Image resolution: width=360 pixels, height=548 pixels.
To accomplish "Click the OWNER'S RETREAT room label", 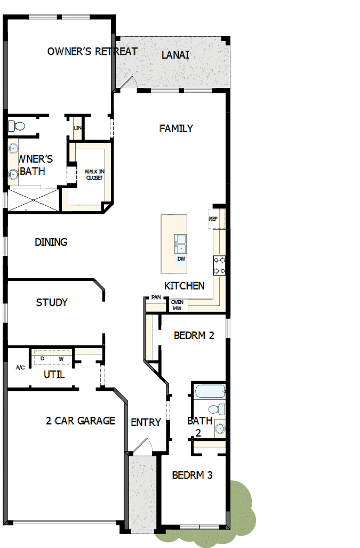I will click(x=92, y=52).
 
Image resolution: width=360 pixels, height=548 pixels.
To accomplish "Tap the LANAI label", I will click(x=175, y=55).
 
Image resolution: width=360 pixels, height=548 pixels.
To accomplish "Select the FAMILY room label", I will click(x=176, y=128).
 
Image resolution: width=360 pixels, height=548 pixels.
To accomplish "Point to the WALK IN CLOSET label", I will click(x=94, y=174).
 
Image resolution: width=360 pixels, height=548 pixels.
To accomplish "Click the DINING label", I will click(x=51, y=242).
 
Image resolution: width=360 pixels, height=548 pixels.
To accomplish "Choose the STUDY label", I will click(x=52, y=303).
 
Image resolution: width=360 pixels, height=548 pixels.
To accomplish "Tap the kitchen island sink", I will click(x=180, y=244).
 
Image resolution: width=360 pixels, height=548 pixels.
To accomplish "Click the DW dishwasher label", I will click(x=181, y=259).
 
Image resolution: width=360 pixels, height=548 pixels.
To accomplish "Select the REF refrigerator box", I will click(x=213, y=219).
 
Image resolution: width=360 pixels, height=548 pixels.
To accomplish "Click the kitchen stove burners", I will click(x=219, y=265).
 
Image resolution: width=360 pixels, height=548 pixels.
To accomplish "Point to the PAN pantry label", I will click(x=156, y=297).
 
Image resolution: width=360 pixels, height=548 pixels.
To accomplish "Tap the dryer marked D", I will click(x=42, y=358).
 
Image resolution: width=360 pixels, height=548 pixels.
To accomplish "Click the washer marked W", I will click(x=61, y=358).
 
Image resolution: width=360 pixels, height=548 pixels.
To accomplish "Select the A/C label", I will click(x=20, y=368).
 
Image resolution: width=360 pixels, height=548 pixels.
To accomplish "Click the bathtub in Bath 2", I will click(x=209, y=392).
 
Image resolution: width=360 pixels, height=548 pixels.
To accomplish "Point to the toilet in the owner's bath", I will click(x=17, y=126).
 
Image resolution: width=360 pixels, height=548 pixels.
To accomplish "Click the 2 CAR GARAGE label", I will click(x=81, y=421).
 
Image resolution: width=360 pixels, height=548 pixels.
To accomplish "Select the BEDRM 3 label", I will click(x=193, y=475).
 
